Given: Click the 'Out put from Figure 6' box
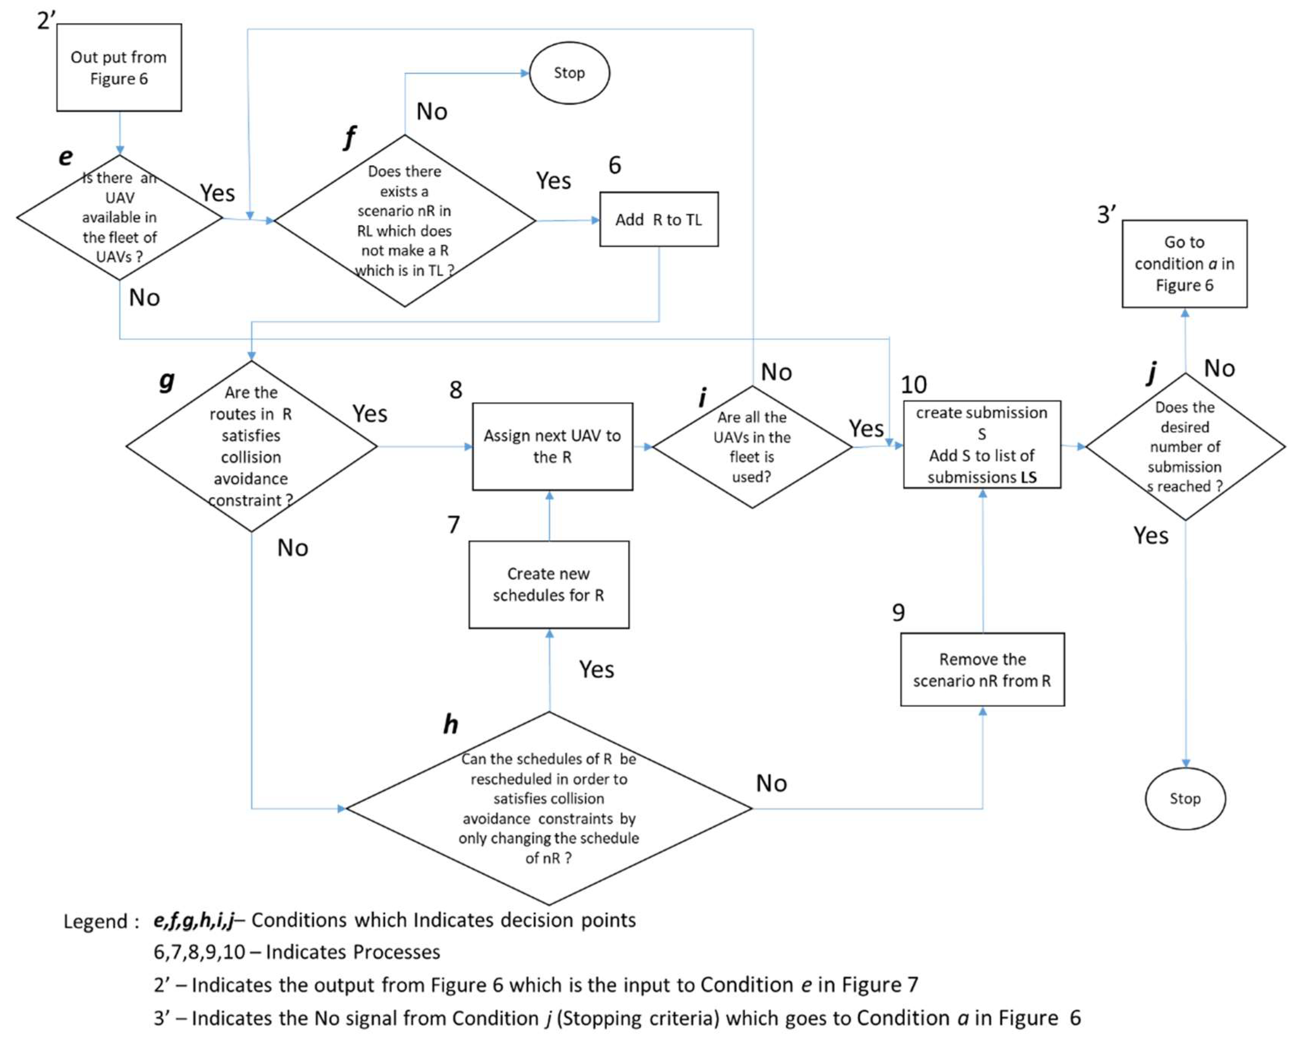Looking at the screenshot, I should tap(119, 68).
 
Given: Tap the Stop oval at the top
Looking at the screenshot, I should tap(569, 73).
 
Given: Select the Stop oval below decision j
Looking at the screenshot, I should tap(1185, 799).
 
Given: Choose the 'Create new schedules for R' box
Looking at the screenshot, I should tap(548, 584).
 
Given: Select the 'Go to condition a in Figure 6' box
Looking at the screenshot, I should tap(1184, 264).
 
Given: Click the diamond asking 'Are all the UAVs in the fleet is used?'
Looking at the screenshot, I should tap(751, 447).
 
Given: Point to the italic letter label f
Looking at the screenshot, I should tap(349, 138).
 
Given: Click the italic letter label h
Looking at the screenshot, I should tap(451, 724).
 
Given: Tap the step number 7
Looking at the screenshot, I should tap(454, 525).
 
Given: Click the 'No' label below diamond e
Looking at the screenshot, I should tap(144, 298).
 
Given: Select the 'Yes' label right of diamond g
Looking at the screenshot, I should tap(370, 414).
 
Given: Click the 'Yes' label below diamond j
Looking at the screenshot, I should tap(1150, 536).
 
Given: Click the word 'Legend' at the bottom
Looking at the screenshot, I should tap(95, 921).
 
